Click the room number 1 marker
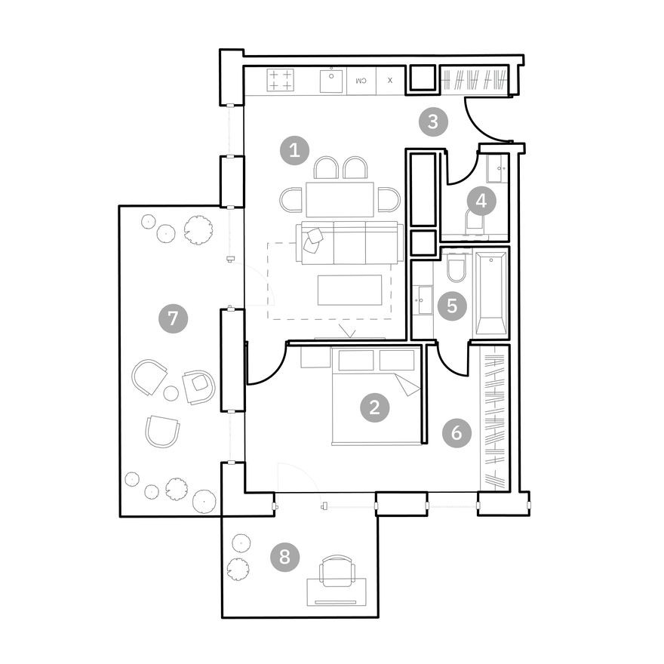pos(294,151)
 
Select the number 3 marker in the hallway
pos(433,121)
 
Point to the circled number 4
pos(481,201)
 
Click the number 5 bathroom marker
pos(452,306)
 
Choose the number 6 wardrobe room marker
pos(456,433)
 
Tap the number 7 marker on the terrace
pos(173,318)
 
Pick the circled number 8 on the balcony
pos(284,558)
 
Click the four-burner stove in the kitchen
pos(281,80)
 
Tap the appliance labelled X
pos(389,80)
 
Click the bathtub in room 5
pos(490,294)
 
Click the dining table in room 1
pos(340,199)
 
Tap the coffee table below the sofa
pos(349,290)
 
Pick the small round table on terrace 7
pos(171,393)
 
